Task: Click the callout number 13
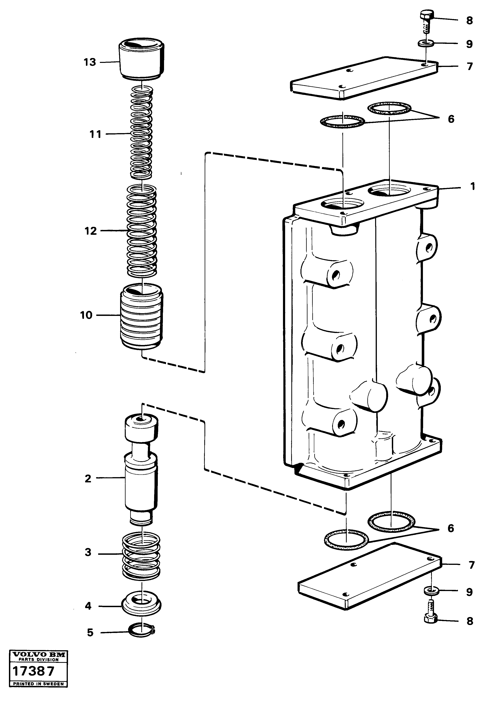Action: coord(90,62)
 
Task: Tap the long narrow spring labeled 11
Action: coord(141,133)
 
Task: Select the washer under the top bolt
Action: coord(426,43)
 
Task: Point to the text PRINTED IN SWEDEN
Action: coord(38,684)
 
